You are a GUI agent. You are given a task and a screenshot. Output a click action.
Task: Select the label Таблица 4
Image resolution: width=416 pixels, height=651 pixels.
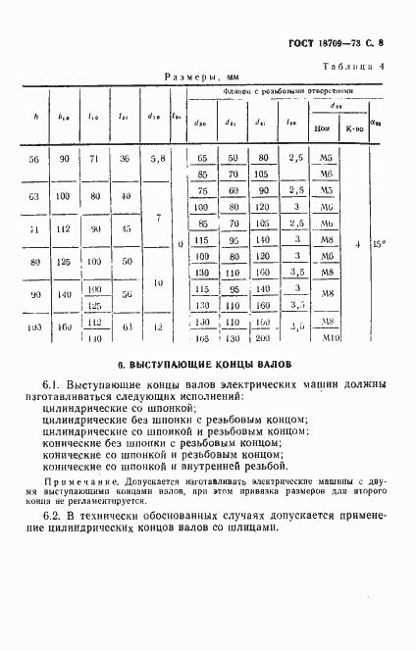click(355, 66)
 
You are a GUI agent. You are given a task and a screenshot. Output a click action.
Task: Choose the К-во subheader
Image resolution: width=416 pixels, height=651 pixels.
click(351, 129)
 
